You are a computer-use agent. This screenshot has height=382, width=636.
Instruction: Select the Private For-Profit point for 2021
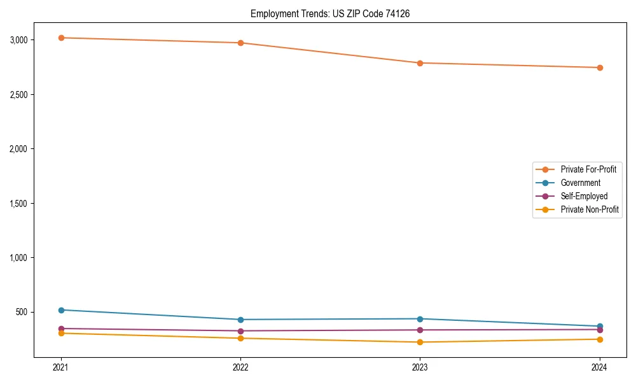coord(61,38)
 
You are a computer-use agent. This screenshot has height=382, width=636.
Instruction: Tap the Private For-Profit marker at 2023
coord(420,63)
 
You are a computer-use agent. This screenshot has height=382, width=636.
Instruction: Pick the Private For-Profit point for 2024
coord(600,67)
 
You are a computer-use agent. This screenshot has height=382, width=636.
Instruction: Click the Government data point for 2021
coord(61,310)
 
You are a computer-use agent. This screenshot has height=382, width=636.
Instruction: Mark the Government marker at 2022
coord(240,320)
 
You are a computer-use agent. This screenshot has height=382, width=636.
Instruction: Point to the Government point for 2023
coord(420,319)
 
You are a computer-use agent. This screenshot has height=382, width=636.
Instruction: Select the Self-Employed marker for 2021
coord(61,329)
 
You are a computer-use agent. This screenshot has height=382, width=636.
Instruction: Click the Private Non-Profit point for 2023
coord(420,343)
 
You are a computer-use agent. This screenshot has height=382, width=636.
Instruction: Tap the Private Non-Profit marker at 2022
coord(240,338)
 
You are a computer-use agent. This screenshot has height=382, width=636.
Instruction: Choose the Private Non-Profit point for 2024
coord(600,339)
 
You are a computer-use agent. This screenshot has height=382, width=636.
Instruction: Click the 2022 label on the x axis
coord(240,367)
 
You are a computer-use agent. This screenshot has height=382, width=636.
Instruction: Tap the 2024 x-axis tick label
coord(600,367)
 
